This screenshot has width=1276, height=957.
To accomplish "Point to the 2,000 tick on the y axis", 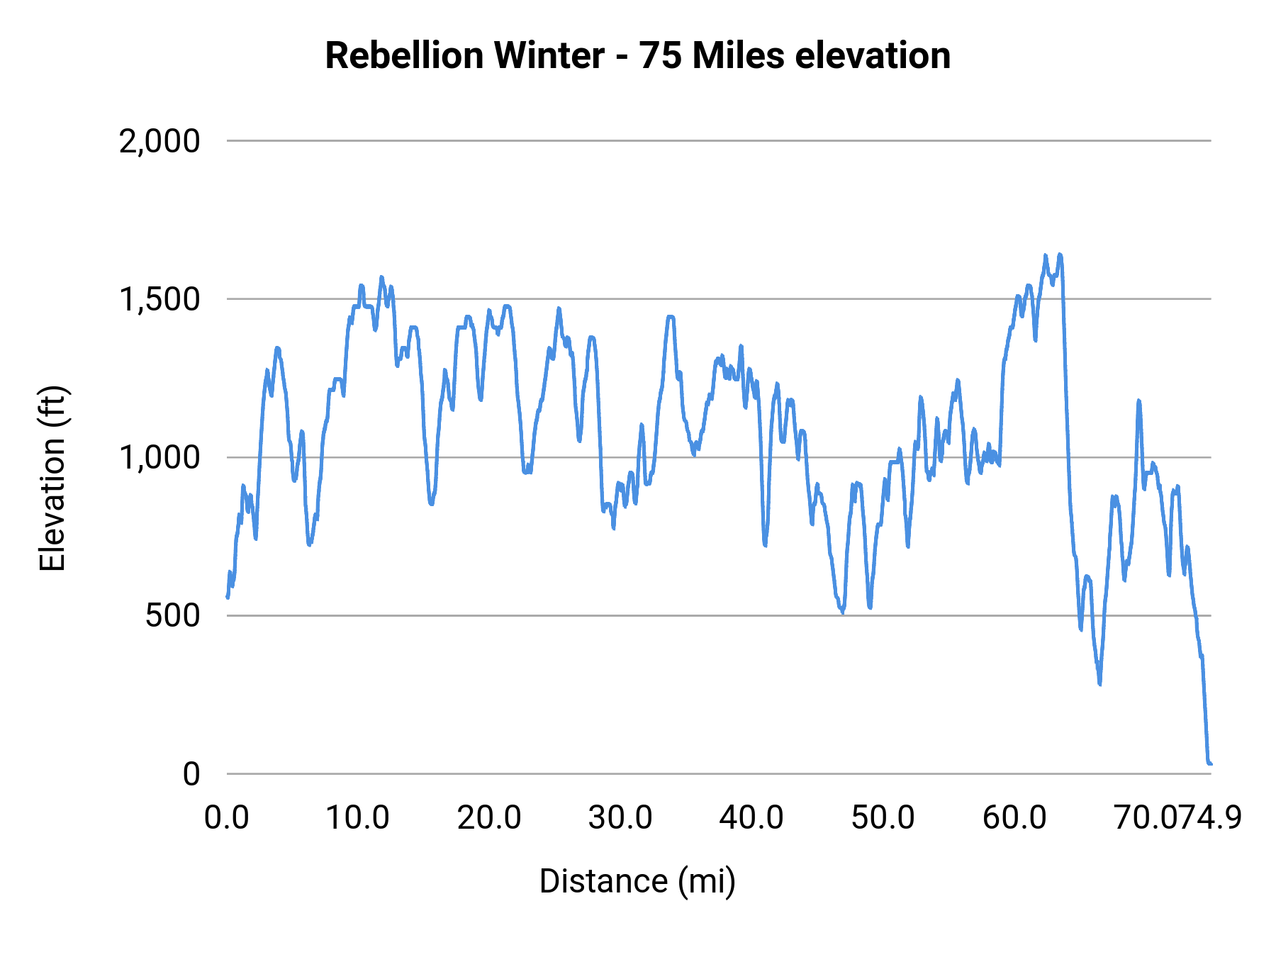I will pyautogui.click(x=159, y=142).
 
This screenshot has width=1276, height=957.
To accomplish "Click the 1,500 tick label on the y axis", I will pyautogui.click(x=159, y=300).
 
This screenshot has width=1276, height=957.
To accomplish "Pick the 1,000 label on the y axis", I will pyautogui.click(x=159, y=458).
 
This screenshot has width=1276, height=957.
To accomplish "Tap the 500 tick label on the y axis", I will pyautogui.click(x=173, y=616).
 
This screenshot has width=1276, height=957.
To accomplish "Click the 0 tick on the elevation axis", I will pyautogui.click(x=191, y=774).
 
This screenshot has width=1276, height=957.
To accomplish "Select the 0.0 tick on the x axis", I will pyautogui.click(x=227, y=818).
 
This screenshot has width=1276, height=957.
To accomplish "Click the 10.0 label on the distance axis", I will pyautogui.click(x=357, y=818).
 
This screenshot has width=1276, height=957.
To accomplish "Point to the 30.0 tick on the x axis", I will pyautogui.click(x=620, y=818).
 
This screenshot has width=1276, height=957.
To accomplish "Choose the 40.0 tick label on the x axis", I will pyautogui.click(x=751, y=818).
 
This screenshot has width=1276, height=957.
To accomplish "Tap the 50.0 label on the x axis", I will pyautogui.click(x=883, y=818).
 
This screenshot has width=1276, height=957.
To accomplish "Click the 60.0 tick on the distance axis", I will pyautogui.click(x=1014, y=818).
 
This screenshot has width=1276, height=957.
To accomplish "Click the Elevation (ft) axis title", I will pyautogui.click(x=52, y=478).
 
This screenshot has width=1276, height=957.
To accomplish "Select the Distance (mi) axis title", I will pyautogui.click(x=637, y=881).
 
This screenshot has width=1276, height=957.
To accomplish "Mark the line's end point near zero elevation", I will pyautogui.click(x=1210, y=763).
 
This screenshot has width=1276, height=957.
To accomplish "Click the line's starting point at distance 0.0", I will pyautogui.click(x=228, y=597).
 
